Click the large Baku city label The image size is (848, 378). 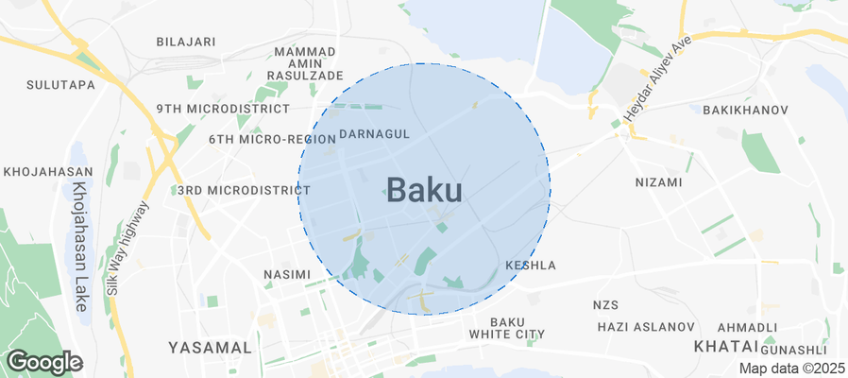pos(424,191)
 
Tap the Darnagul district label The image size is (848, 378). pos(374,134)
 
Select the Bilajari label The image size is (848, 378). pos(186,43)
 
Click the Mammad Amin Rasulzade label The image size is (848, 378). pos(304,62)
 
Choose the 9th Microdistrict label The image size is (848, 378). pos(209,109)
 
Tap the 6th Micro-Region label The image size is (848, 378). pos(260,139)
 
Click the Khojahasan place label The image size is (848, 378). pos(47,172)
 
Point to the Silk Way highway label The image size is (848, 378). pos(127,249)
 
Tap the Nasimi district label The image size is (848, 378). pos(286,275)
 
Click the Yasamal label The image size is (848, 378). pos(210,348)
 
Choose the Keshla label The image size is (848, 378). pos(531,266)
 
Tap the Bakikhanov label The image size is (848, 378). pos(745,111)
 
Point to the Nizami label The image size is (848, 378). pos(658,182)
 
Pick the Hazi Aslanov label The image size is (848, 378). pos(646,327)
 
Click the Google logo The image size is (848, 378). pos(44,362)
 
